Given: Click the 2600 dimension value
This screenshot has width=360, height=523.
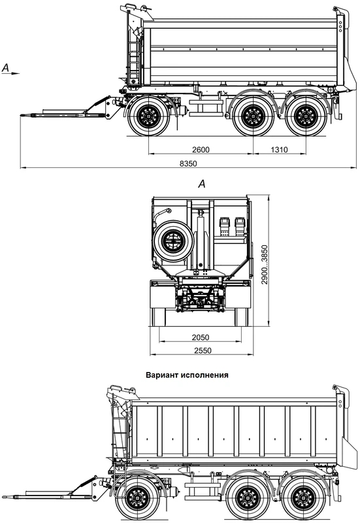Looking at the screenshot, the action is pos(201,150).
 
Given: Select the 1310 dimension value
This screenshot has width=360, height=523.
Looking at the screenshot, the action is pos(279,150).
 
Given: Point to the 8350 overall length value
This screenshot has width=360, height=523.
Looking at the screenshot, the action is pos(188,164).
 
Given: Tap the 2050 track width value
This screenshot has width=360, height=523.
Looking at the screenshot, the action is pos(201,337).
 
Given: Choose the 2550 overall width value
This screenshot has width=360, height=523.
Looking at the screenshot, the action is pos(202,350).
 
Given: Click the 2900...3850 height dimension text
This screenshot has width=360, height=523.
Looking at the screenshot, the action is pos(265,265).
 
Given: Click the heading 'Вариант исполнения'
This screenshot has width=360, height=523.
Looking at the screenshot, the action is pos(187,375).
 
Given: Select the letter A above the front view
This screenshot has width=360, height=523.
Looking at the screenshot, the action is pos(202,184).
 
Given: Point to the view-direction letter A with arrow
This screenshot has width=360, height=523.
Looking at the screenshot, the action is pos(10,69).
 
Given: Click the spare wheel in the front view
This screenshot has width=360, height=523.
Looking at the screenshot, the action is pos(173,241).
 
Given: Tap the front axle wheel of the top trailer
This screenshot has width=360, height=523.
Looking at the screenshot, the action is pos(149,116).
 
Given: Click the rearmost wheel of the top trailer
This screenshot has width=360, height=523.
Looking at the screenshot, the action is pos(306,116).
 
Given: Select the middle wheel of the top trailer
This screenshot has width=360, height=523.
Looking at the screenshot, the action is pos(253,116).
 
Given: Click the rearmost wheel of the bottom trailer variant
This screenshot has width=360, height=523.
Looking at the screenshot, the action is pos(302,498).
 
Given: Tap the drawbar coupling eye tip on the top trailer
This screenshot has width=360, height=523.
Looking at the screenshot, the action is pos(22,116).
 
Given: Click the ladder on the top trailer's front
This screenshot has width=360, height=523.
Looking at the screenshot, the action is pos(134,58).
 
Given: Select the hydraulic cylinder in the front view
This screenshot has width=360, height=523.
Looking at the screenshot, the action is pos(201,239).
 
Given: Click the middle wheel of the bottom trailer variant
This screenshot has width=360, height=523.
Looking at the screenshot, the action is pos(248,498).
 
